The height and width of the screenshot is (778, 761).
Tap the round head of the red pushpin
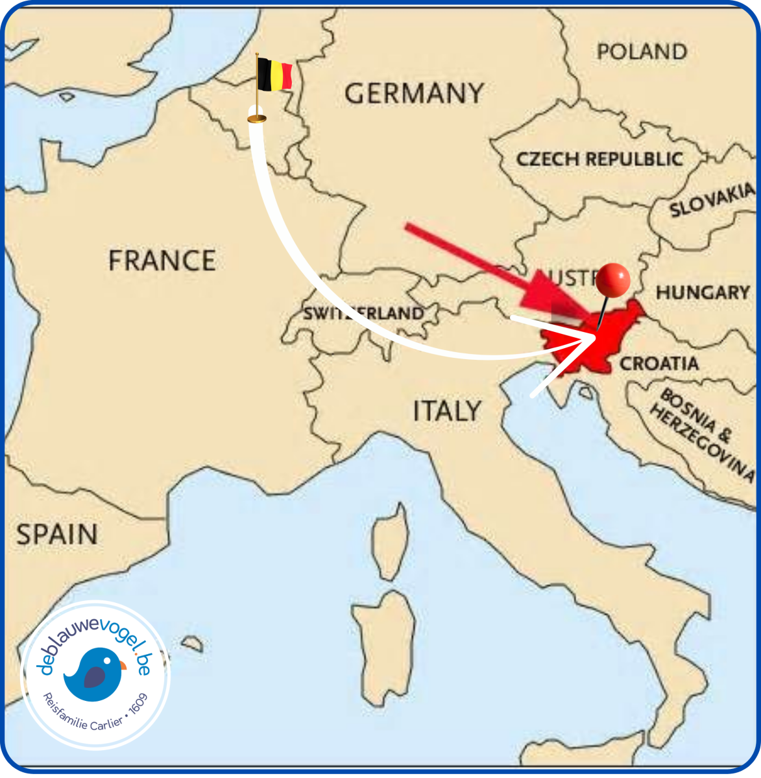613,280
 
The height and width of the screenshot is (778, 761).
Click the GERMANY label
414,93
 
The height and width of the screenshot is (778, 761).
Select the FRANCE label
162,261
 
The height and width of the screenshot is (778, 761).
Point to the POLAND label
642,52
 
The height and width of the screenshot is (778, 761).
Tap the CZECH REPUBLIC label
599,159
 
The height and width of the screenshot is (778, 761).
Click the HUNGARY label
703,293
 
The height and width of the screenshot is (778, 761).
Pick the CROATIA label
659,364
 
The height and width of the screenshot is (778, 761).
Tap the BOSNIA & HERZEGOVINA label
701,434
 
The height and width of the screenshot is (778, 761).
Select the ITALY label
447,411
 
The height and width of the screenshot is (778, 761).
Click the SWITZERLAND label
363,314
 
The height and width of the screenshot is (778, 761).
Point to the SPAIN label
57,535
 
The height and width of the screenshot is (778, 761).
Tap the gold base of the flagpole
257,118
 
